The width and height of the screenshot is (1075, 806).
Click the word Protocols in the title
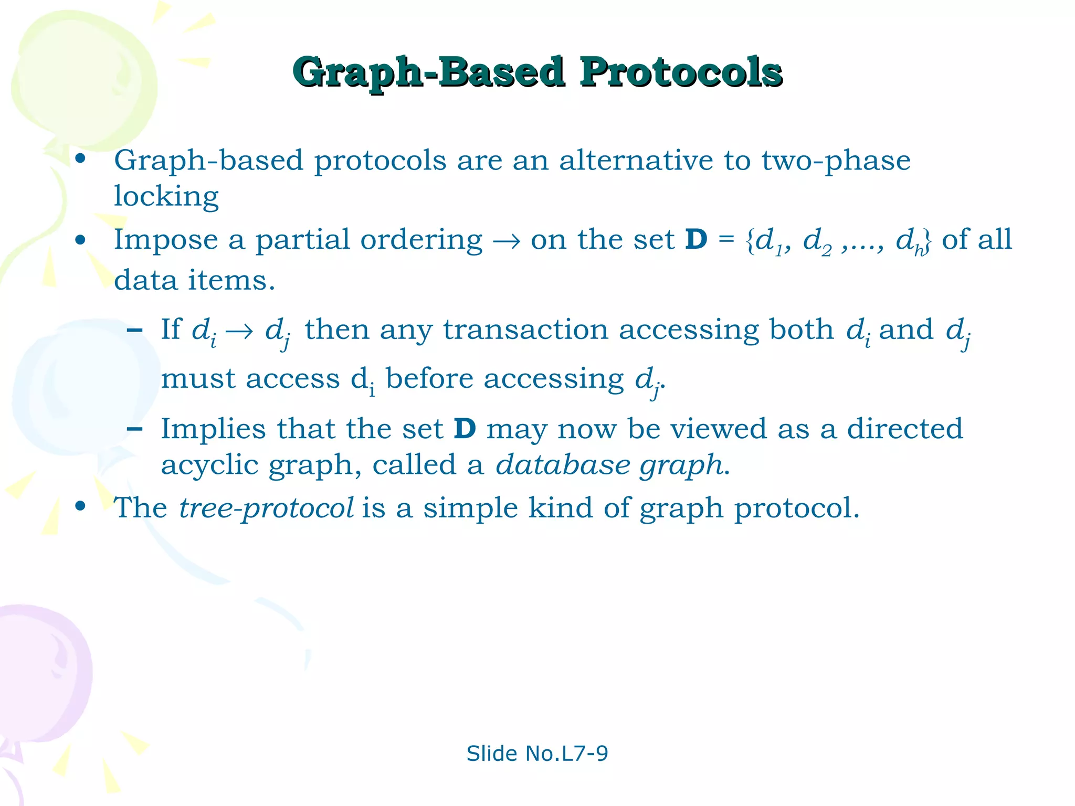[681, 72]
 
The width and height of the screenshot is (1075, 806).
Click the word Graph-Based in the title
[429, 72]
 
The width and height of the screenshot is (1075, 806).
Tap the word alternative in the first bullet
[636, 160]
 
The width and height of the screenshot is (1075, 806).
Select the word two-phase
[836, 160]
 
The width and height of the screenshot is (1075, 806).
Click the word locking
[166, 196]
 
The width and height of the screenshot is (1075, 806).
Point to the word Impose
[166, 240]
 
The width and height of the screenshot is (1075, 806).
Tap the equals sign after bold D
[726, 240]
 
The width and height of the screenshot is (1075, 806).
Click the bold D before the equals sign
[696, 240]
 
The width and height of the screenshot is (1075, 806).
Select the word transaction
[525, 330]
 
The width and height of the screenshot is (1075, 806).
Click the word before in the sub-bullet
[429, 378]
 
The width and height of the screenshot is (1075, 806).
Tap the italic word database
[564, 465]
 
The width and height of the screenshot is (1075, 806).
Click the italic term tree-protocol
[266, 508]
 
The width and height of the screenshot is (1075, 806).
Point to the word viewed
[719, 429]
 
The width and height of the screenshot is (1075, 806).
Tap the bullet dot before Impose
[80, 241]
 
